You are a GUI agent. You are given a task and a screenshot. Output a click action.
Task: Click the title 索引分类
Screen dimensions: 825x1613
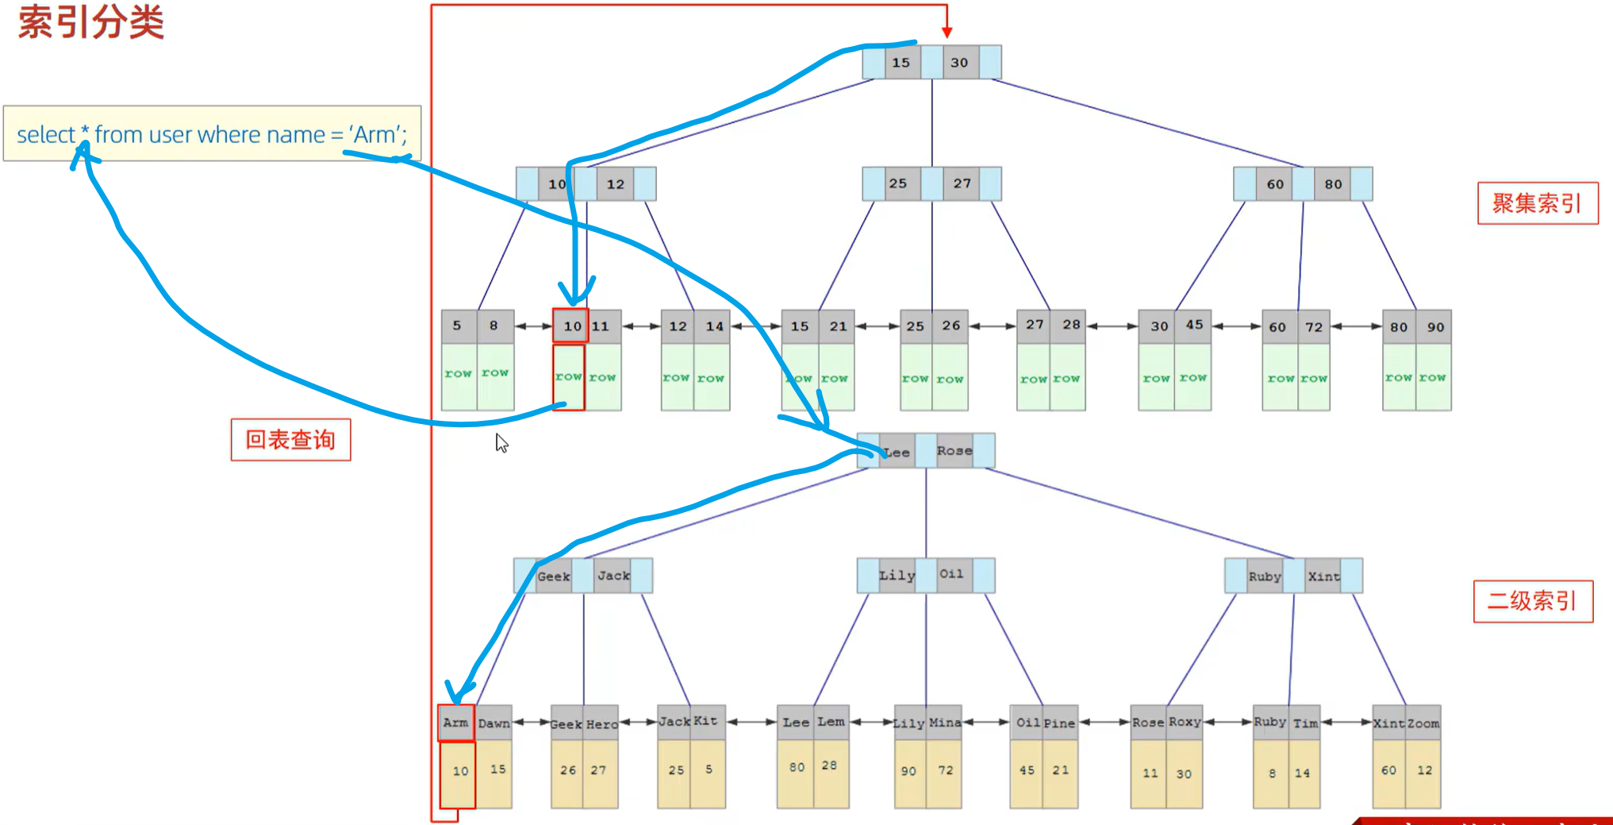click(x=90, y=21)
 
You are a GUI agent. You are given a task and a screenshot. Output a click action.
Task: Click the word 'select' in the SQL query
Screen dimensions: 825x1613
click(x=45, y=135)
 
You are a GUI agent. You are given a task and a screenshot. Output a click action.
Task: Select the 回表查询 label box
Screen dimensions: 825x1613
click(x=290, y=440)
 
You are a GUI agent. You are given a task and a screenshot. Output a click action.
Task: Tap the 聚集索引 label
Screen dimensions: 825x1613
click(x=1537, y=203)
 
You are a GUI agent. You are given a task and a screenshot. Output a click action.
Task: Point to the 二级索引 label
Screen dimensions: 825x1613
click(x=1532, y=601)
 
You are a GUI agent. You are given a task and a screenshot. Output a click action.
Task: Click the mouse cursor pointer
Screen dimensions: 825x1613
click(x=501, y=442)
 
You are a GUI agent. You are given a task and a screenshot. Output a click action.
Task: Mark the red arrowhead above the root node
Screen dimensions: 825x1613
click(x=947, y=32)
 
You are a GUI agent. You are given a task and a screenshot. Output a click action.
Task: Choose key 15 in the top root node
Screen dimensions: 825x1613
click(x=901, y=63)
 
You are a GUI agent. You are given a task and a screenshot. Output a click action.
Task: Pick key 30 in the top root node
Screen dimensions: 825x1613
click(x=959, y=63)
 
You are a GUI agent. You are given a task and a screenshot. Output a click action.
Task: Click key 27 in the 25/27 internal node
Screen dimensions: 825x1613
click(x=962, y=183)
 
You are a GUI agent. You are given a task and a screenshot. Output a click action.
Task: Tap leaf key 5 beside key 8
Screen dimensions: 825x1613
click(x=457, y=326)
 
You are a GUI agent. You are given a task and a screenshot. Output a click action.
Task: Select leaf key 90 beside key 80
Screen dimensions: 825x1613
click(x=1435, y=326)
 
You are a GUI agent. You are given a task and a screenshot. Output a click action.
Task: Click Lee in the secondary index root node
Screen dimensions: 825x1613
click(x=897, y=452)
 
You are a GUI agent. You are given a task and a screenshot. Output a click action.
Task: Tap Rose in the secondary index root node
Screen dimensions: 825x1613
click(x=954, y=451)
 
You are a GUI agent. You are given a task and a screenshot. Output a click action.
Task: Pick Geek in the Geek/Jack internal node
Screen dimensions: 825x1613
click(x=553, y=576)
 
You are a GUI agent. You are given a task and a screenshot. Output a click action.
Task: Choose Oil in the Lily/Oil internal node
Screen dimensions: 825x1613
click(x=951, y=574)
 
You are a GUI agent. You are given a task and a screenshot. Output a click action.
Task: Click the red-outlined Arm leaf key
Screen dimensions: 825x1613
click(x=455, y=723)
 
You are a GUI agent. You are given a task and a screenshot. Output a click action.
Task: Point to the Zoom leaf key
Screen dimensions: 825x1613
click(x=1423, y=723)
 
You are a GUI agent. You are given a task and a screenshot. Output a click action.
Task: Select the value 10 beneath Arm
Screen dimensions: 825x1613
click(x=460, y=771)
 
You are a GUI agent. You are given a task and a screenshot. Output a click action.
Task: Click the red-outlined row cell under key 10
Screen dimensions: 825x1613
click(x=568, y=377)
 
